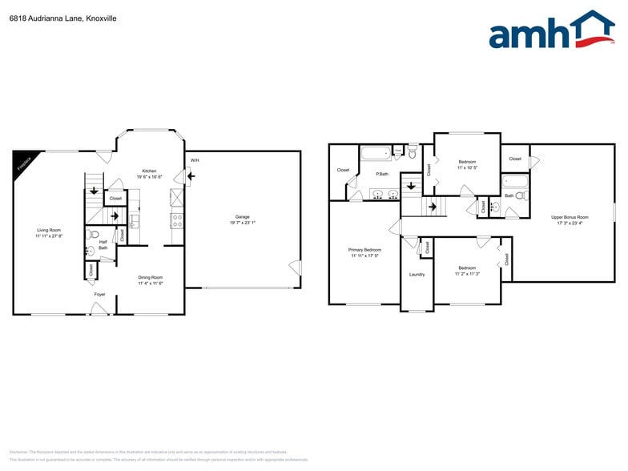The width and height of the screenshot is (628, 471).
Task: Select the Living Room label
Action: click(49, 230)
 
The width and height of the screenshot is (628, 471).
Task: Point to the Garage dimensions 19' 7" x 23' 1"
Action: click(242, 223)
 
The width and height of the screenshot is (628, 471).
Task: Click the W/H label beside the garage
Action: click(195, 160)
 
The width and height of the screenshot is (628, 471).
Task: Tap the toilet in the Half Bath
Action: click(94, 235)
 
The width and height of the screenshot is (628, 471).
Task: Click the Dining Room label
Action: click(150, 277)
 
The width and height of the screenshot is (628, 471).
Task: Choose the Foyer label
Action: click(99, 295)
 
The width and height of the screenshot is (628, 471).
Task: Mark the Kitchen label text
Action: click(149, 171)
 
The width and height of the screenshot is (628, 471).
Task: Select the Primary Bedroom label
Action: click(364, 250)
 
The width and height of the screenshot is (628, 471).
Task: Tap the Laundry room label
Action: click(417, 275)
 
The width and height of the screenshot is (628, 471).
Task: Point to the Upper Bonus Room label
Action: click(570, 217)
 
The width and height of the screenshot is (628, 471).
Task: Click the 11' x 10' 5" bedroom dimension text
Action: click(467, 168)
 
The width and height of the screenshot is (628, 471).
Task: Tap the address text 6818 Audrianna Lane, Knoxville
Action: click(52, 18)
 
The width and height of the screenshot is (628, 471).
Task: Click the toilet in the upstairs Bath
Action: click(520, 195)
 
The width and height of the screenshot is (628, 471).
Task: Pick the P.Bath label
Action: click(383, 174)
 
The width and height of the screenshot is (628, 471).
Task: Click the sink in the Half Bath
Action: click(91, 250)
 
